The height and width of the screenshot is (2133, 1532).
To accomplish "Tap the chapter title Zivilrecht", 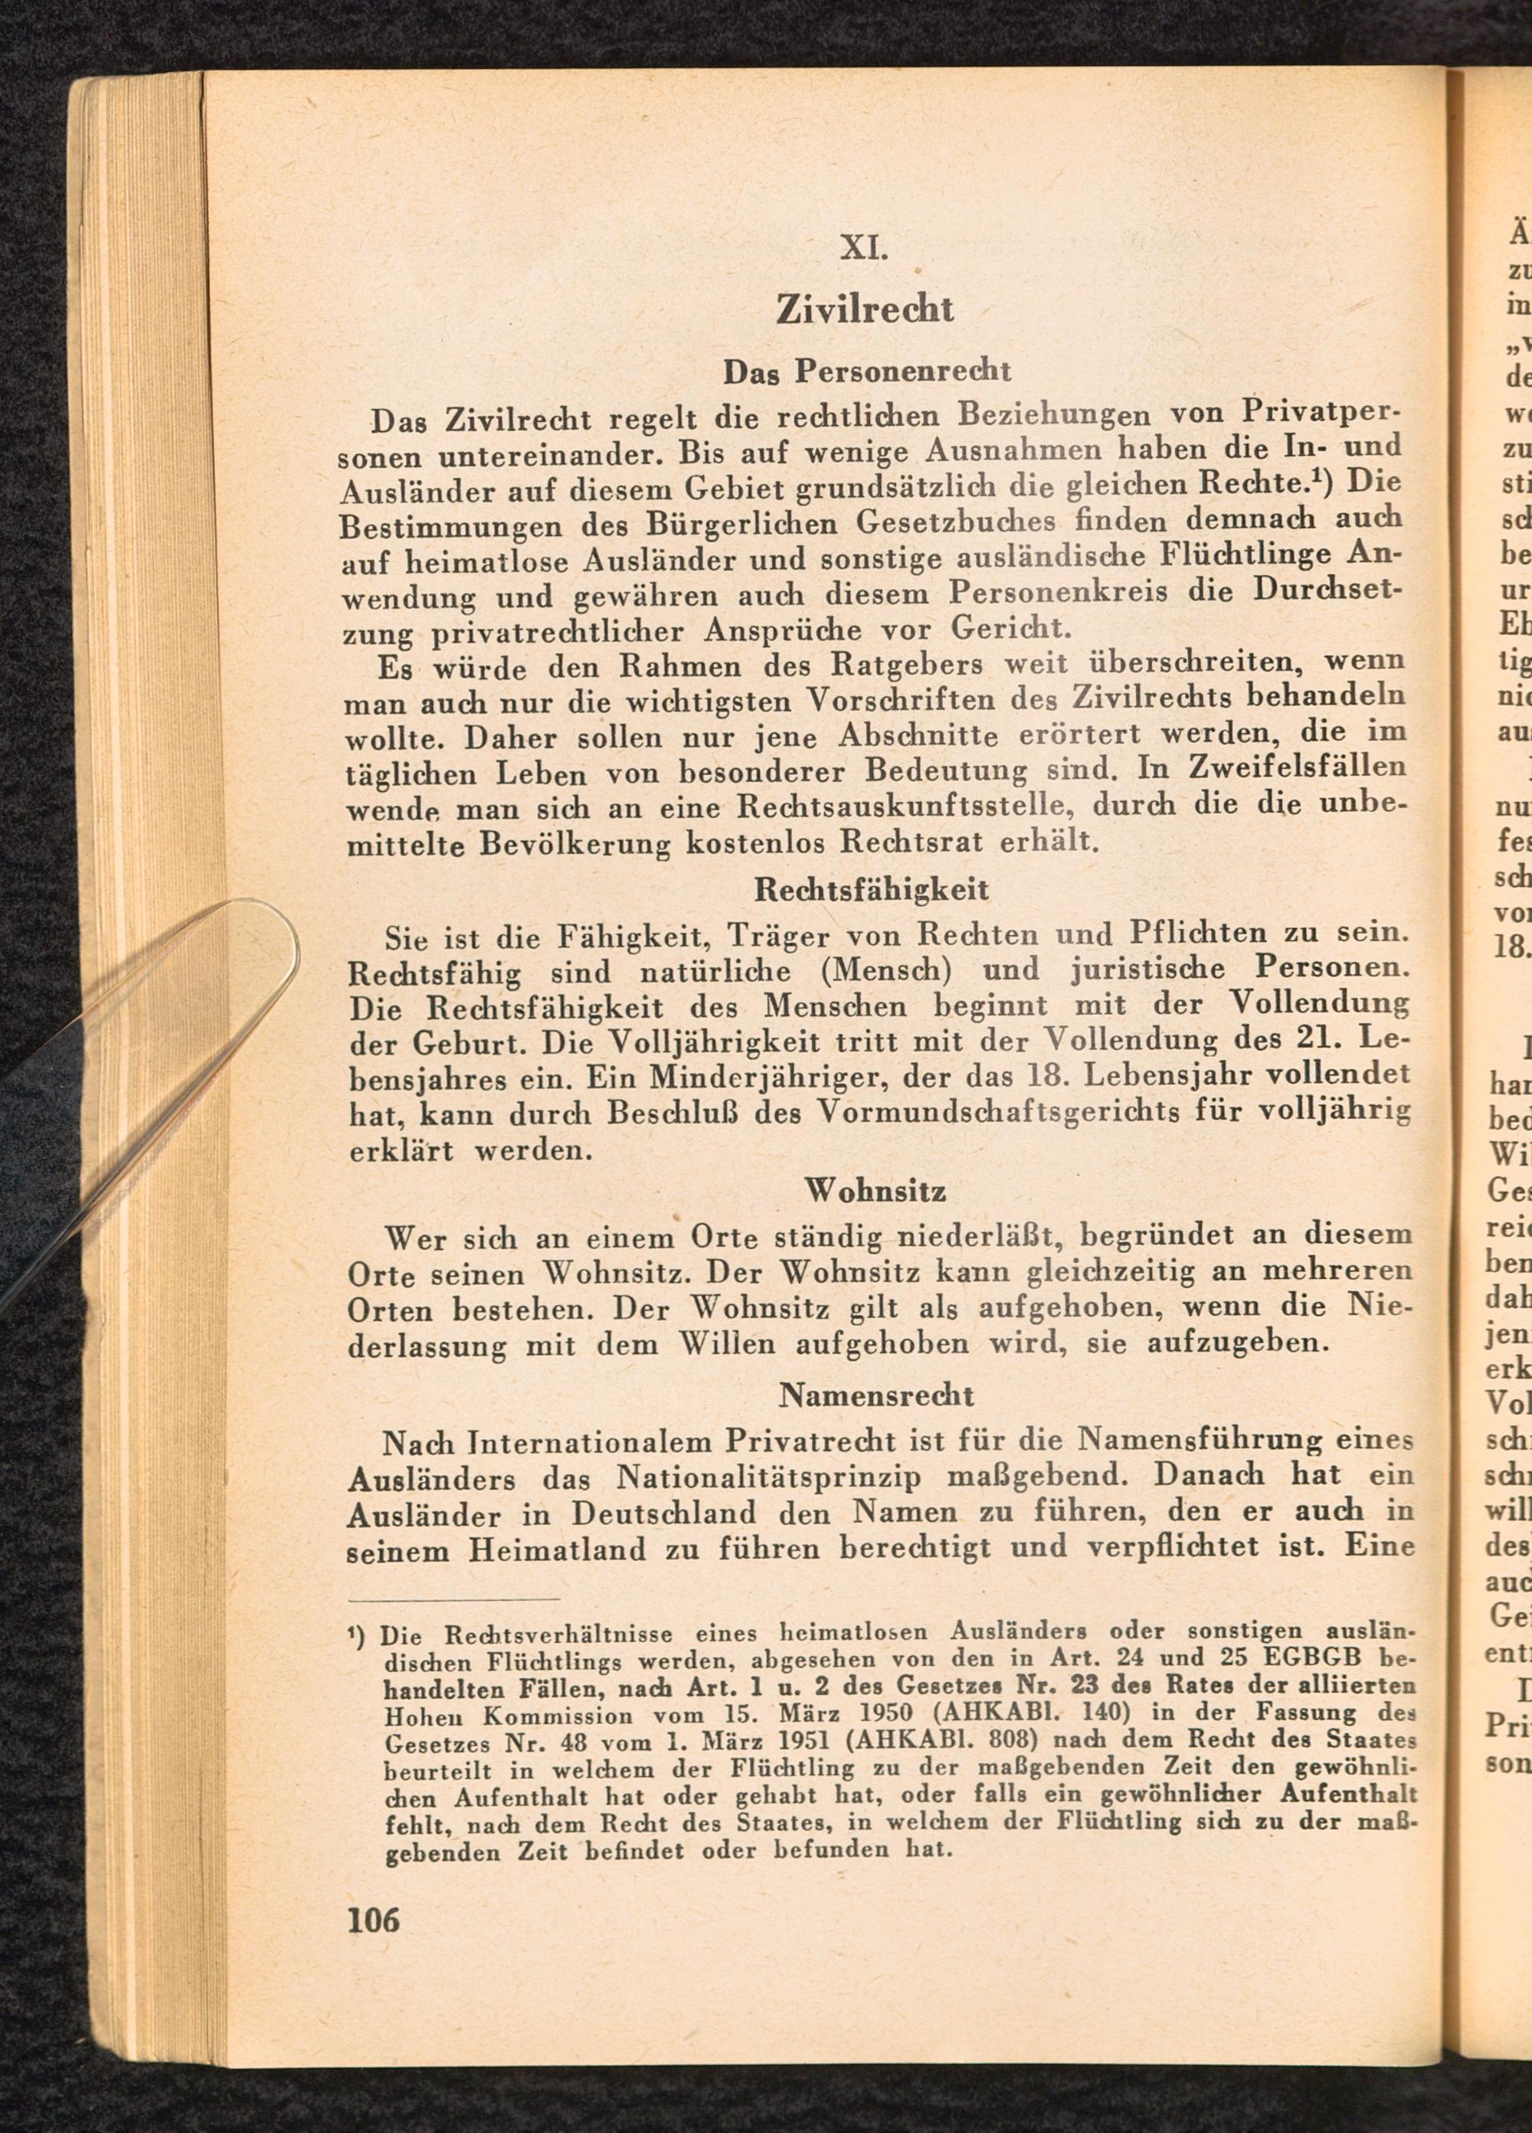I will tap(864, 309).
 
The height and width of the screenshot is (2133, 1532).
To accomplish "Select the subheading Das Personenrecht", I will tap(866, 372).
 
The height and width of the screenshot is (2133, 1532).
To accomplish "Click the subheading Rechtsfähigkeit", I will tap(871, 888).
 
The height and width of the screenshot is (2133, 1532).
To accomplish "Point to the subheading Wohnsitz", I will tap(875, 1192).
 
